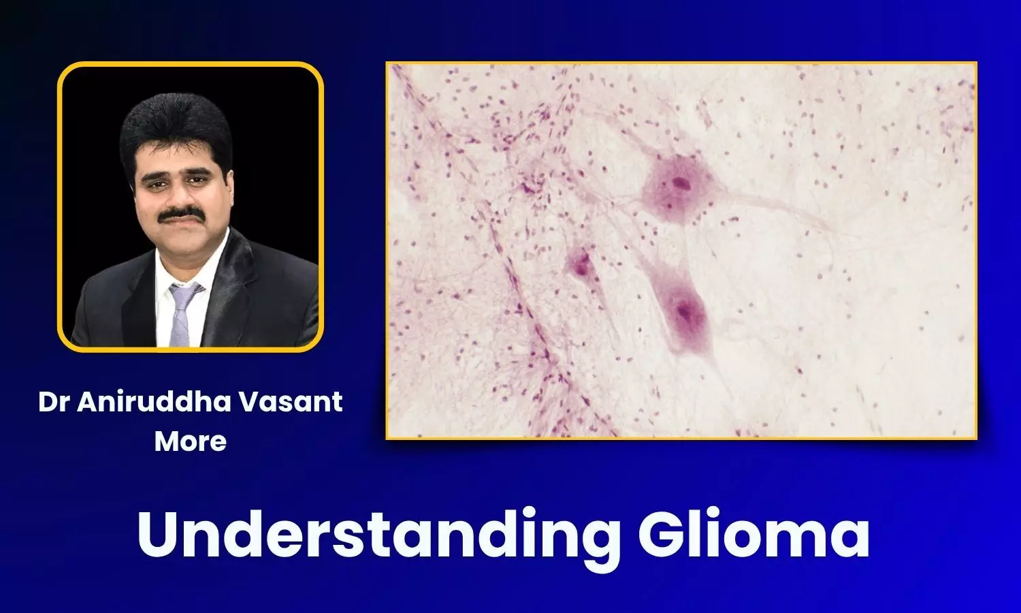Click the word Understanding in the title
pos(378,535)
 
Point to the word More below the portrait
pos(191,441)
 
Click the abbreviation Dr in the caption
pos(54,402)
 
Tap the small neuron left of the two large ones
pos(581,262)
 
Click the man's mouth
pos(181,225)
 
